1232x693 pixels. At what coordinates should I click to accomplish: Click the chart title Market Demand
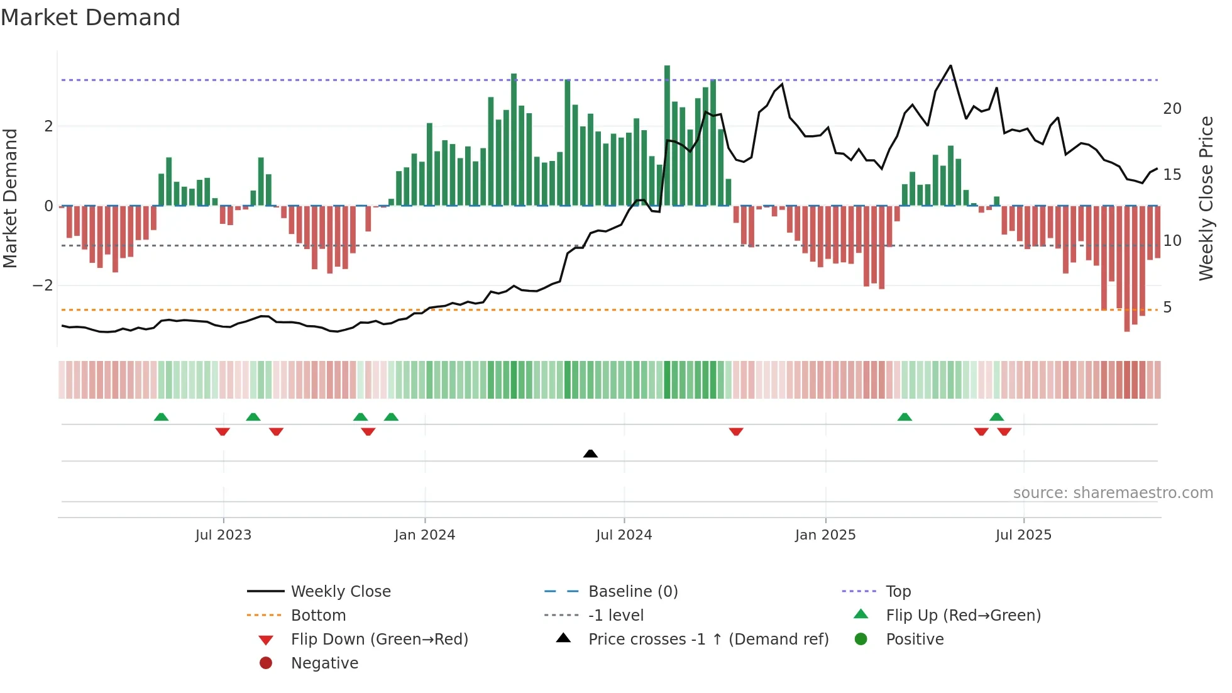click(x=91, y=18)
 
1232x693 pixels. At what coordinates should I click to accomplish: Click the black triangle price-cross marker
click(x=590, y=453)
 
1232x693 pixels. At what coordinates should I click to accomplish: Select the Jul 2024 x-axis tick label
click(x=624, y=535)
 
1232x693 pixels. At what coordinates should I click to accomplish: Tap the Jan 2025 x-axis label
click(x=825, y=535)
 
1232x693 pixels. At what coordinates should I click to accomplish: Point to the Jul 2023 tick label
click(x=223, y=535)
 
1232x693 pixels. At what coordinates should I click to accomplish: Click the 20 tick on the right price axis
click(x=1172, y=109)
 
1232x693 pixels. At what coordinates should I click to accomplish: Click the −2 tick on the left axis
click(x=43, y=286)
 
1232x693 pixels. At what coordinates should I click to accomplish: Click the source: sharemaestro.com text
click(x=1113, y=493)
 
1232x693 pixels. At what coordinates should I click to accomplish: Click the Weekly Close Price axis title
click(x=1206, y=198)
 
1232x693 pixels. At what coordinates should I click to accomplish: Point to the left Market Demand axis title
click(x=10, y=198)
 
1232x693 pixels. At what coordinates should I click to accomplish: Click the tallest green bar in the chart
click(x=667, y=135)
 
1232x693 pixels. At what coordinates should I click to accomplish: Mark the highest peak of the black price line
click(x=950, y=66)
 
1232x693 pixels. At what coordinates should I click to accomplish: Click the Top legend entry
click(x=898, y=592)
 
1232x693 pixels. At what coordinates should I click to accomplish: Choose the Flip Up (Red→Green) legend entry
click(x=963, y=616)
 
